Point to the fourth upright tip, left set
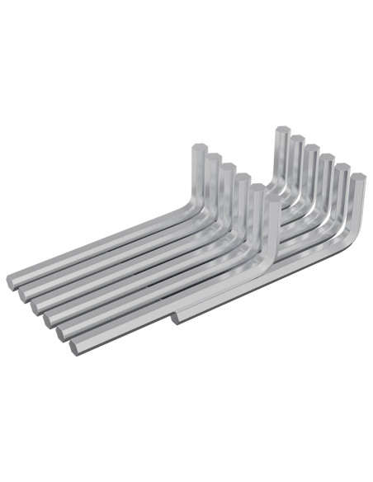tap(240, 176)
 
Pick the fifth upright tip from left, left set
tap(257, 188)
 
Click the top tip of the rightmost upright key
tap(356, 179)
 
